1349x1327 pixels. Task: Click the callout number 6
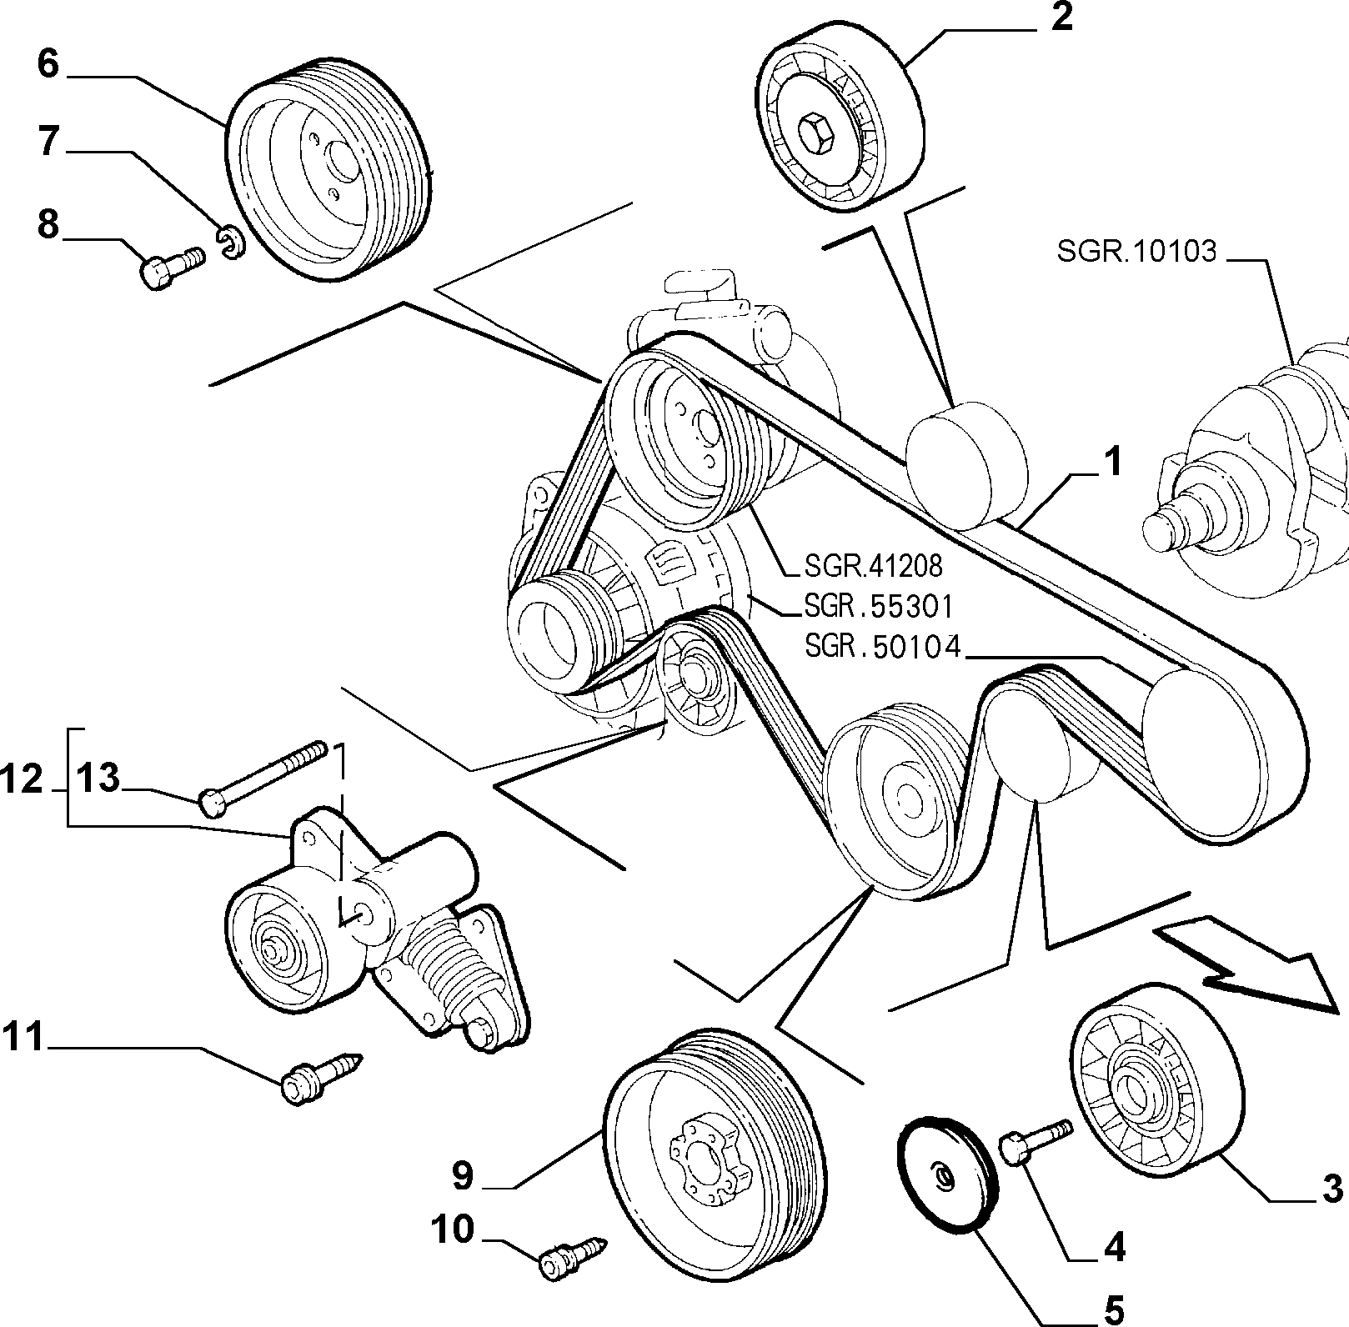tap(48, 63)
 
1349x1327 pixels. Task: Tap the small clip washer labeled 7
tap(233, 242)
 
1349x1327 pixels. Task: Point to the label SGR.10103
tap(1137, 251)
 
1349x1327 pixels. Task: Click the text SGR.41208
tap(873, 566)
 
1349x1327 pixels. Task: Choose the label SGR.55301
tap(878, 606)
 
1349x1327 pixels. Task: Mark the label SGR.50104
tap(883, 646)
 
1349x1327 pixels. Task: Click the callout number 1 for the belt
tap(1112, 462)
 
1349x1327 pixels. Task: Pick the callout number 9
tap(463, 1175)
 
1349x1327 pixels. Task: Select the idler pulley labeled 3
tap(1153, 1084)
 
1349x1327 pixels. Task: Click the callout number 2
tap(1061, 17)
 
